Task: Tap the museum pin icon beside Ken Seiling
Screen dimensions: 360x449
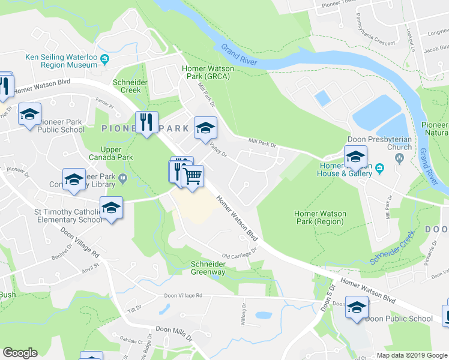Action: [x=105, y=58]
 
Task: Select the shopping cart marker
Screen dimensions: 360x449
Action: [x=193, y=177]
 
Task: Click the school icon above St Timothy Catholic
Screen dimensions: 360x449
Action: [x=111, y=208]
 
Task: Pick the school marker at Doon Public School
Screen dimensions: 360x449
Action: [x=357, y=309]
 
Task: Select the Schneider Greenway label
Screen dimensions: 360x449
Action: [x=208, y=268]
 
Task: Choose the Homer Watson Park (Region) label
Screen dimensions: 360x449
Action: [x=319, y=217]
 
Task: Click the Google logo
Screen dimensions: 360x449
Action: [x=20, y=353]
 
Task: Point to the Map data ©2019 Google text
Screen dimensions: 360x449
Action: [x=410, y=355]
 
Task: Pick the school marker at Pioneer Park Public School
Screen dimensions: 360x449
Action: [x=29, y=115]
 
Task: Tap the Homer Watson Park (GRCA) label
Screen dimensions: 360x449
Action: [x=208, y=73]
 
